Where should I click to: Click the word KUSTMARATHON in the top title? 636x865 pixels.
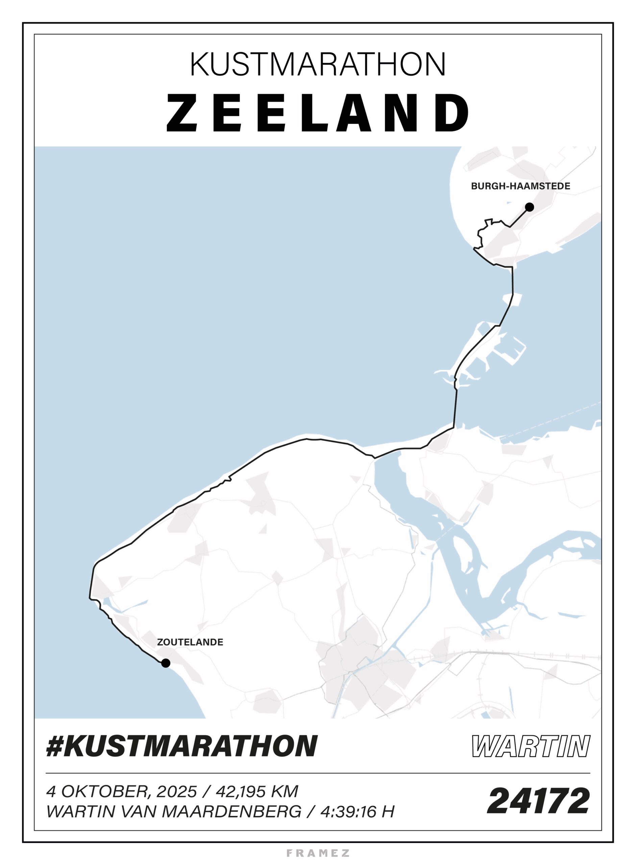point(318,64)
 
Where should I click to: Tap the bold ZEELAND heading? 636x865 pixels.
point(318,113)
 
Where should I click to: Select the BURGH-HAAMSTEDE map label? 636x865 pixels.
point(520,186)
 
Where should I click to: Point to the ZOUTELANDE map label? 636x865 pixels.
point(190,642)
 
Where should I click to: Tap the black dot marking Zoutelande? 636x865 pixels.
point(166,663)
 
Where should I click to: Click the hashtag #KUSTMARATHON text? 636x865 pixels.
point(182,746)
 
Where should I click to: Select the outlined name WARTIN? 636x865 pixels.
point(531,746)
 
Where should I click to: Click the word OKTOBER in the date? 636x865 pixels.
point(104,791)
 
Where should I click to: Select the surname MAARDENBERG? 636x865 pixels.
point(232,812)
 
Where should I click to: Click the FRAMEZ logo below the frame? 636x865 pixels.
point(318,853)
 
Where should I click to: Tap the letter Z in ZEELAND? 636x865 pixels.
point(182,113)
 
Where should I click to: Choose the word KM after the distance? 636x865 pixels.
point(285,791)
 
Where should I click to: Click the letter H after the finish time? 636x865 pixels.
point(388,812)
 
